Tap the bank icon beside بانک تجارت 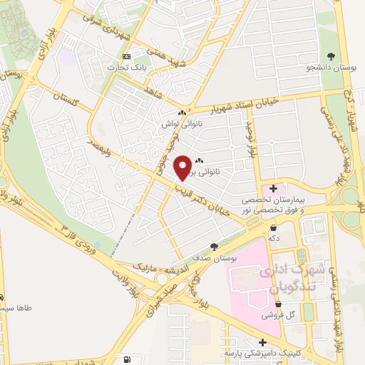tap(127, 56)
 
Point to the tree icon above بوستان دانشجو tap(330, 56)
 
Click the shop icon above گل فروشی tap(282, 302)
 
